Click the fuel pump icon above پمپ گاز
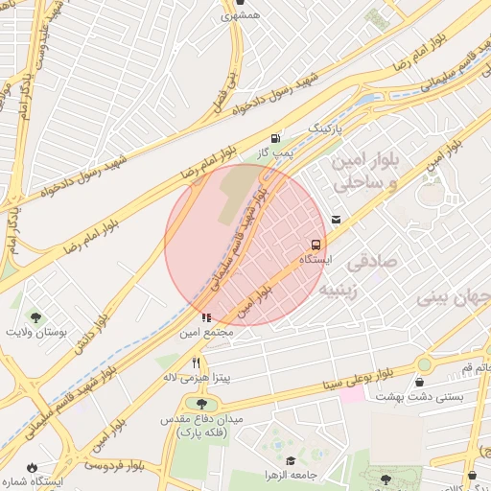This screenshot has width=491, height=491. click(x=276, y=138)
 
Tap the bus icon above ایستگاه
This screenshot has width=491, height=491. click(x=316, y=245)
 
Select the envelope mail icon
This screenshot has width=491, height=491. click(x=335, y=220)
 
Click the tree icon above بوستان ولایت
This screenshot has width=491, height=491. click(x=35, y=316)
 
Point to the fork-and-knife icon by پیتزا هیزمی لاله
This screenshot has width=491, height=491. click(x=197, y=362)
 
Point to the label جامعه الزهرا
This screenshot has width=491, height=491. click(x=288, y=476)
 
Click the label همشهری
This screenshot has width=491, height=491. click(x=240, y=15)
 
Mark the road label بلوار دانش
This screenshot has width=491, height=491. click(x=96, y=330)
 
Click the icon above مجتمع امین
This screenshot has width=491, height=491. click(x=206, y=317)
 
